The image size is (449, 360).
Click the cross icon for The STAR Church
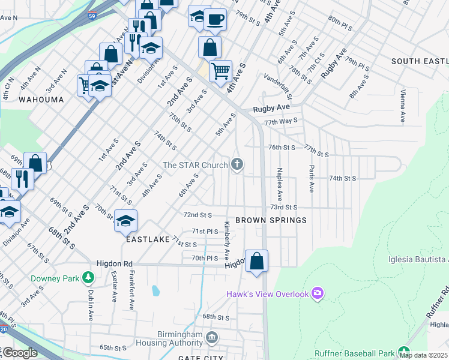pos(238,164)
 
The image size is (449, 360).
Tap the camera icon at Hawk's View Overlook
pos(318,293)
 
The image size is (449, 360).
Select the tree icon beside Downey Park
pos(89,278)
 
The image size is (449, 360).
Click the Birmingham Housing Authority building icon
pos(211,338)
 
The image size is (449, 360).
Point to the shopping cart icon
pos(220,70)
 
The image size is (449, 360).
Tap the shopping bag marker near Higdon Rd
pos(256,261)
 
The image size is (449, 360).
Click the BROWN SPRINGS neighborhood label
pos(271,220)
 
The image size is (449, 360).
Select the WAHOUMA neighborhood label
pos(41,99)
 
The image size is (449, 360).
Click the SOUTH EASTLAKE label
pos(420,61)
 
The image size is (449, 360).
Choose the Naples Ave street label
pos(279,185)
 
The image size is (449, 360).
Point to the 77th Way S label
pos(282,121)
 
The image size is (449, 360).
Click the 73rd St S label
pos(284,207)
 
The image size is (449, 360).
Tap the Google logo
pos(20,353)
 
